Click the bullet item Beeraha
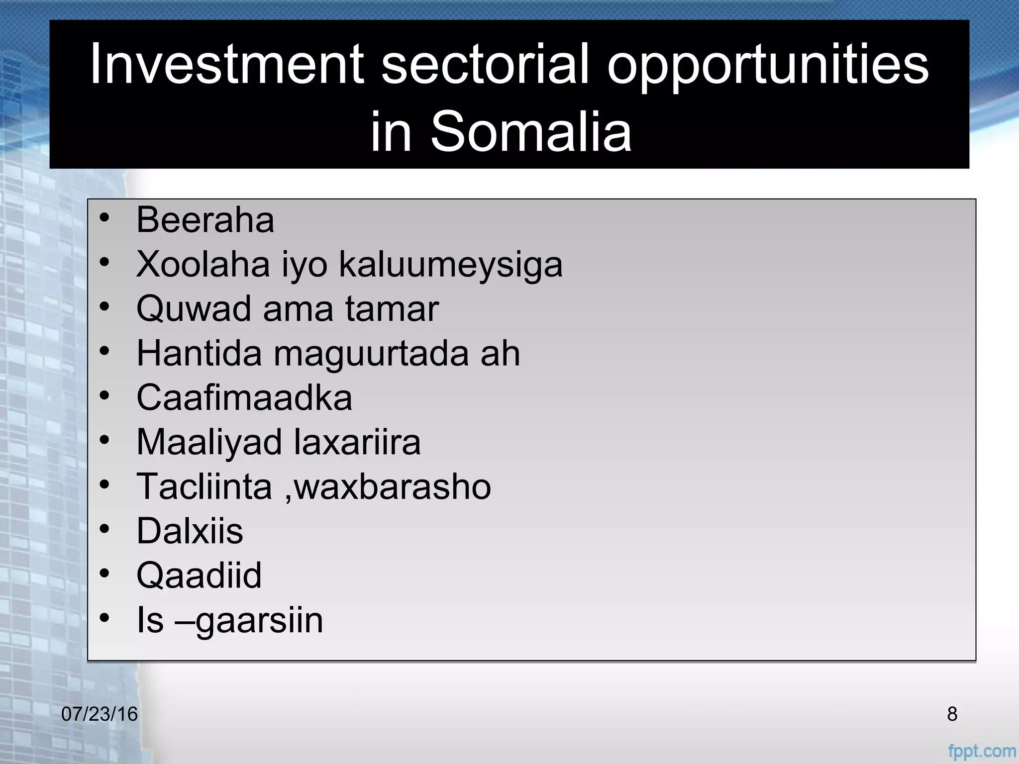205,220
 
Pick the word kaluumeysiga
451,265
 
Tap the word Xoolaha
203,264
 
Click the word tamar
392,309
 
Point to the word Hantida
199,353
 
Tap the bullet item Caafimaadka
244,397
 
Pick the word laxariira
357,442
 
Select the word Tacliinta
204,486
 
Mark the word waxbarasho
393,486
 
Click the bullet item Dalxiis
190,531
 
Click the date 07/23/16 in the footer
100,714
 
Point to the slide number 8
952,714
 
